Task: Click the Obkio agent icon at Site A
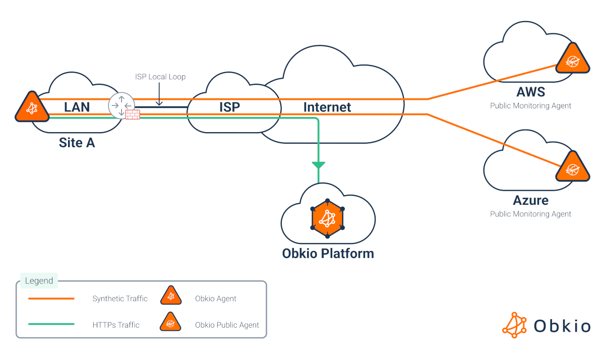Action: tap(32, 108)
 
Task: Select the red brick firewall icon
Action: tap(133, 114)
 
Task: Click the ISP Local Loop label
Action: tap(160, 77)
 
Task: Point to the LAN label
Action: tap(77, 107)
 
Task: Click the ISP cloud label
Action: tap(229, 107)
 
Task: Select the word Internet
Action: tap(327, 107)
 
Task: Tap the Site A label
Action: tap(77, 143)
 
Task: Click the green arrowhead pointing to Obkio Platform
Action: tap(319, 165)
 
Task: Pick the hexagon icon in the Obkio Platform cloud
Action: tap(327, 218)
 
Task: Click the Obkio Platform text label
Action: tap(328, 253)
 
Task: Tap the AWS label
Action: tap(531, 92)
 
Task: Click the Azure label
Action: tap(530, 200)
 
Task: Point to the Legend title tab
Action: tap(39, 281)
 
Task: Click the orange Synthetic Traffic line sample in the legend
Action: tap(51, 298)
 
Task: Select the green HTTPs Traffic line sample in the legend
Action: tap(51, 324)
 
